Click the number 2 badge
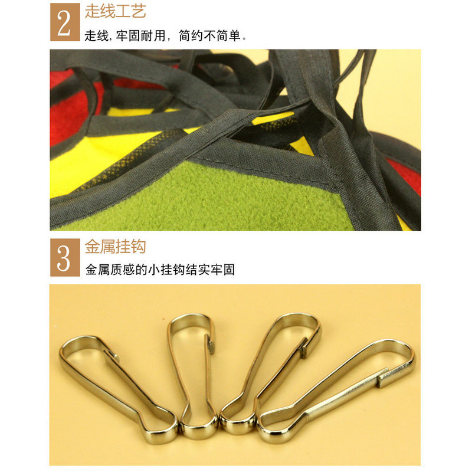tap(64, 22)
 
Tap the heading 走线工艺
tap(116, 11)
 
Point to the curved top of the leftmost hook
tap(74, 345)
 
